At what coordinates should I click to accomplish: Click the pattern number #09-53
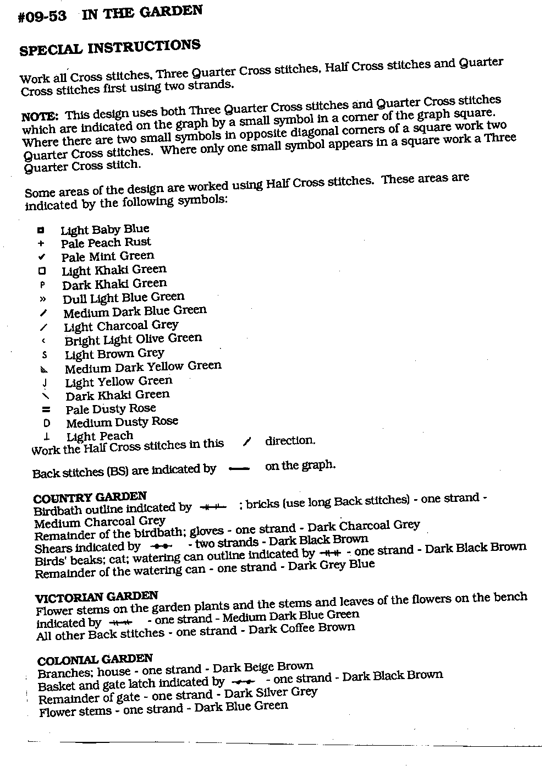(x=42, y=17)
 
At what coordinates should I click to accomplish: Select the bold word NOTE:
(x=40, y=117)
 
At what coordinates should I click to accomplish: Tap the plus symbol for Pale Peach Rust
(x=41, y=244)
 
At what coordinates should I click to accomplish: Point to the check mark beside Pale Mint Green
(x=42, y=257)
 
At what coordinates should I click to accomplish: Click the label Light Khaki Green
(x=114, y=270)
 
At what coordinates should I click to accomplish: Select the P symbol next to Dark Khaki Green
(x=42, y=285)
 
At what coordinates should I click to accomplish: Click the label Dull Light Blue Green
(x=123, y=298)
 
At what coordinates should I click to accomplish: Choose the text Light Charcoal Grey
(x=121, y=326)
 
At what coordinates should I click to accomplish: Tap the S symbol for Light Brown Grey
(x=44, y=355)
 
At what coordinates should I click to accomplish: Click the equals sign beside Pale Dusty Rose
(x=46, y=410)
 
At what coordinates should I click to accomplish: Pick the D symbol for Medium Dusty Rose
(x=46, y=424)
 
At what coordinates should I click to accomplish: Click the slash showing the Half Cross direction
(x=247, y=442)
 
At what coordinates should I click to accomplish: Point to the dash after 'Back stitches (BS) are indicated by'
(x=238, y=469)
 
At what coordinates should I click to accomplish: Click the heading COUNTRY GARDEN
(x=90, y=497)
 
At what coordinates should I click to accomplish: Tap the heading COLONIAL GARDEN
(x=95, y=660)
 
